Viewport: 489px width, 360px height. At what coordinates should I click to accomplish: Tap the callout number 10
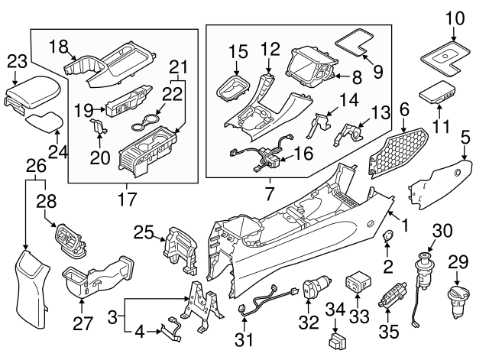(454, 16)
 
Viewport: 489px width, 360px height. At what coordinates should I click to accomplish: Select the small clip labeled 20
(97, 127)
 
